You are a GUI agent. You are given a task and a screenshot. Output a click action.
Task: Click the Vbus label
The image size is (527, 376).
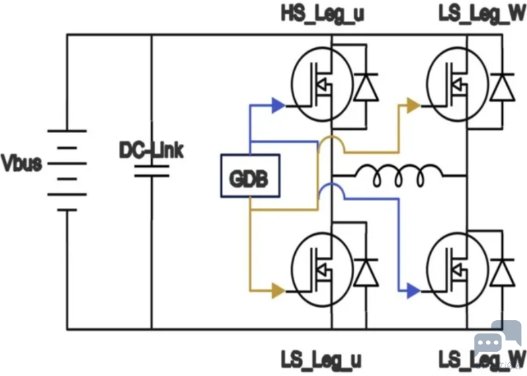[22, 163]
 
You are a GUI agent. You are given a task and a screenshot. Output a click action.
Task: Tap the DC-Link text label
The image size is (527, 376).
[152, 150]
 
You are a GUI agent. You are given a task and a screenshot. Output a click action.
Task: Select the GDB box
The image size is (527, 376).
[250, 176]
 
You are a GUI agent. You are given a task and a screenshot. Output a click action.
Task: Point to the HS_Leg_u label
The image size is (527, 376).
[323, 13]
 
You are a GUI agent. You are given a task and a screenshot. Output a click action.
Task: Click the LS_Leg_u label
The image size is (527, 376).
[321, 359]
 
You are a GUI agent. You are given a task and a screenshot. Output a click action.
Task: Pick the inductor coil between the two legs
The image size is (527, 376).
[399, 175]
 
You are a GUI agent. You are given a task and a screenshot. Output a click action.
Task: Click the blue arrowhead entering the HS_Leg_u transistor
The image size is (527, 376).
[278, 105]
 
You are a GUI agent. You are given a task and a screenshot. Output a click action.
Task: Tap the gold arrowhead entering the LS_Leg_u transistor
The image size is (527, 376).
[278, 291]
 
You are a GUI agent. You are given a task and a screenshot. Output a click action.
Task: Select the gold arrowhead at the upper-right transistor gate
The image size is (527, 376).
[413, 105]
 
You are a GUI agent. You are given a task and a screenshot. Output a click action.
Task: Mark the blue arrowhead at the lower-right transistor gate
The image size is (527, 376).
[413, 291]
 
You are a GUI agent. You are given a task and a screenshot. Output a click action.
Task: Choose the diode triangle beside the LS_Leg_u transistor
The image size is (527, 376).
[366, 272]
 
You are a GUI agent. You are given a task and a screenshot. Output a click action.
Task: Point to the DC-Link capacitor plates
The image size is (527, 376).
[152, 171]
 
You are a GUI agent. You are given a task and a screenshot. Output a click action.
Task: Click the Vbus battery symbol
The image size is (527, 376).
[67, 170]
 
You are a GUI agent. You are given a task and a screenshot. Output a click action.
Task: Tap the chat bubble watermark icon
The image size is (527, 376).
[497, 338]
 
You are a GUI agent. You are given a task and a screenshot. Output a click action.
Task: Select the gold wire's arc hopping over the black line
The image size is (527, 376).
[331, 137]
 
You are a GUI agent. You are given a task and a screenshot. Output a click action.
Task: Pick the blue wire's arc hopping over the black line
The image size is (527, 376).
[331, 184]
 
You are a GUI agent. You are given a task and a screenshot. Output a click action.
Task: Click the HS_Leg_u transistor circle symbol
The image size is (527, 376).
[323, 84]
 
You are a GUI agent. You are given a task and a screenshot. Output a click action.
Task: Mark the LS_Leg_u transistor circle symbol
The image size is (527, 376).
[323, 270]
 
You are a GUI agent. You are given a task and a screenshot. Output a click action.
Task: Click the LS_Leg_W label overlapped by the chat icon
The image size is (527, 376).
[483, 359]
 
